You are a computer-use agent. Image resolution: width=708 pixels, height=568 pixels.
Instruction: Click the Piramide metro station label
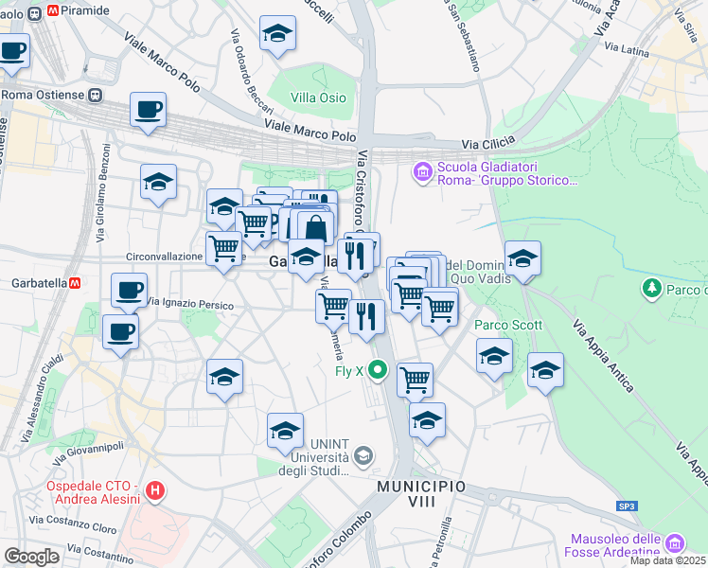[84, 10]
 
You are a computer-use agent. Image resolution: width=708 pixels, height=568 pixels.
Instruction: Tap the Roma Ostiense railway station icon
[95, 95]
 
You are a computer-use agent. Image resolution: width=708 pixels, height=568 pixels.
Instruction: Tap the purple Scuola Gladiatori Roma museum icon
[422, 171]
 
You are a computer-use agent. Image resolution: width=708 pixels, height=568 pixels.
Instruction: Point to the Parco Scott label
[507, 325]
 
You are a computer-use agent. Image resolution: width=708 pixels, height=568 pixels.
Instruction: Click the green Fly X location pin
[378, 371]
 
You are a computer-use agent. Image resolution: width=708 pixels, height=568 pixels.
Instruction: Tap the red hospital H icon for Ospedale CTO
[156, 491]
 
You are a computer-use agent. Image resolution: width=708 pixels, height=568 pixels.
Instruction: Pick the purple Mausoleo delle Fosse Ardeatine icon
[674, 543]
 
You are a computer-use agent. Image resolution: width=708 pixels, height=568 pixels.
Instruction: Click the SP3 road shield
[627, 506]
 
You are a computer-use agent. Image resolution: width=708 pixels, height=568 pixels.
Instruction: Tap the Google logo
[31, 556]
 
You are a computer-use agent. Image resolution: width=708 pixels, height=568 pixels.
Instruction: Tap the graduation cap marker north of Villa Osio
[277, 35]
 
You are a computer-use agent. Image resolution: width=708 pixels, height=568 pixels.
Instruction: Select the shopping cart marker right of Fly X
[415, 380]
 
